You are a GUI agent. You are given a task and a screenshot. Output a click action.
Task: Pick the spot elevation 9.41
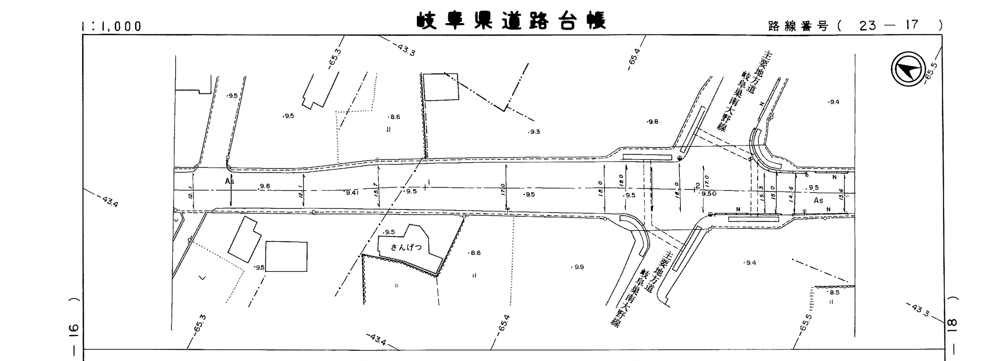pyautogui.click(x=352, y=193)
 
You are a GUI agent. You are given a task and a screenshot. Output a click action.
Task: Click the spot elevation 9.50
pyautogui.click(x=709, y=194)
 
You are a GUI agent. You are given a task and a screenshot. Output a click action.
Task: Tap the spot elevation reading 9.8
pyautogui.click(x=653, y=122)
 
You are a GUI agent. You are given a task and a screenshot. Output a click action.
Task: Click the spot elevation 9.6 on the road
pyautogui.click(x=265, y=186)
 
